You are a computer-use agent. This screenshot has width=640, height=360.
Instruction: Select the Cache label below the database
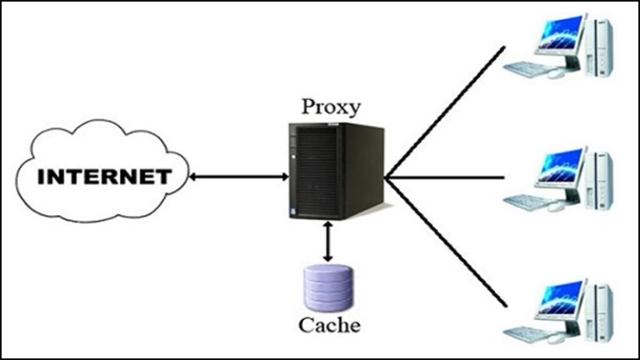tap(332, 324)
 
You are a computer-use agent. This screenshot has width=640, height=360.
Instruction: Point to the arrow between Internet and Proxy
tap(237, 177)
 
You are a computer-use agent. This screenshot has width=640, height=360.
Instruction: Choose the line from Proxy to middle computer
tap(446, 177)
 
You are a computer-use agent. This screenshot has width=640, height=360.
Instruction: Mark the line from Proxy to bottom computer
tap(446, 242)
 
